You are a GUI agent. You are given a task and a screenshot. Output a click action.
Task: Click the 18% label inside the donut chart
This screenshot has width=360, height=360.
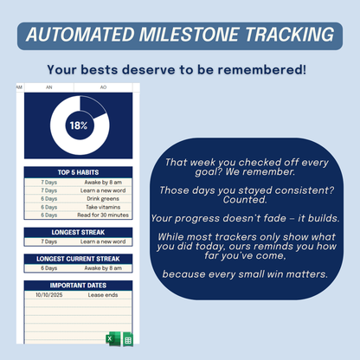pyautogui.click(x=79, y=126)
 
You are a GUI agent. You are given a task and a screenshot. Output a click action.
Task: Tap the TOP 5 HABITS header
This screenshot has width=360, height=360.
pyautogui.click(x=79, y=172)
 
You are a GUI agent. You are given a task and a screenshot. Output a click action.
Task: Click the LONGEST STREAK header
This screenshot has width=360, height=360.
pyautogui.click(x=79, y=231)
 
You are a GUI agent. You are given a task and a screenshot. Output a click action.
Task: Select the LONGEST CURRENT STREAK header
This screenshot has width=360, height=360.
pyautogui.click(x=79, y=258)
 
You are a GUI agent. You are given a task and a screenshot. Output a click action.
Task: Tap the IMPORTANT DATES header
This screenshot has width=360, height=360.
pyautogui.click(x=79, y=285)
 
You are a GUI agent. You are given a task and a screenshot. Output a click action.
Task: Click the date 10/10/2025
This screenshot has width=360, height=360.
pyautogui.click(x=49, y=294)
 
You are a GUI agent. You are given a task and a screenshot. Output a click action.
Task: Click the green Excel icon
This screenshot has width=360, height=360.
pyautogui.click(x=112, y=339)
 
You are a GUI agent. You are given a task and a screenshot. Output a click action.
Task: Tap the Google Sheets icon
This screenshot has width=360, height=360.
pyautogui.click(x=126, y=339)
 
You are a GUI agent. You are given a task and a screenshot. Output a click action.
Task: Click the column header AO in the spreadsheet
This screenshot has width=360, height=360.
pyautogui.click(x=104, y=87)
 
